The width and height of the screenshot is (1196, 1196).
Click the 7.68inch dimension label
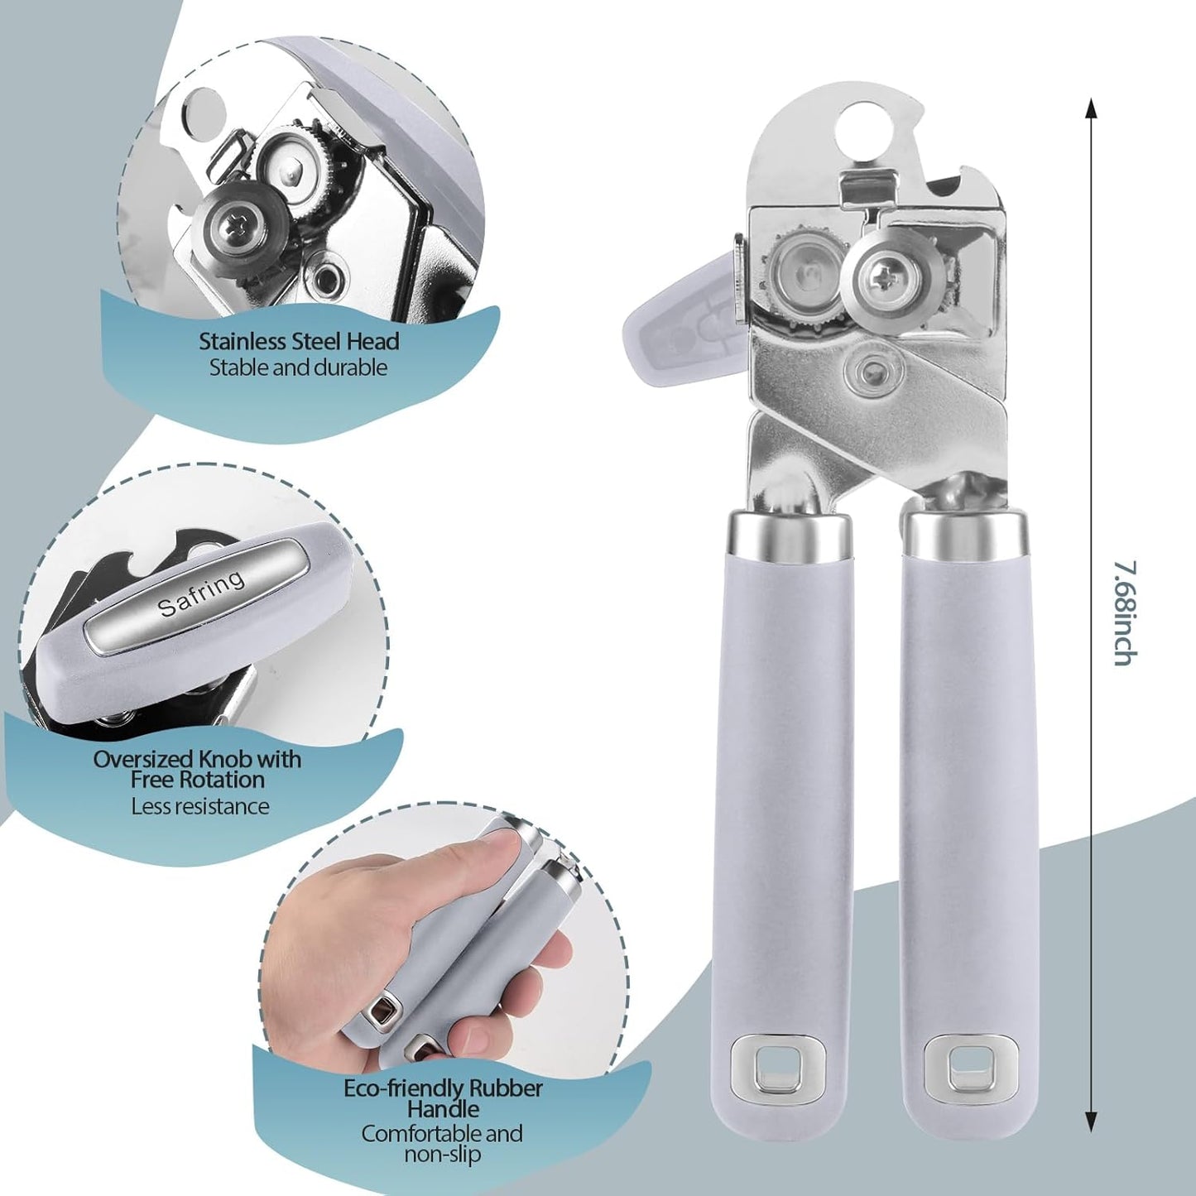point(1122,612)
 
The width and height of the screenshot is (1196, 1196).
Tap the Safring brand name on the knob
point(201,593)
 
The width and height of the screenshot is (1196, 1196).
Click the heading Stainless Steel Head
point(299,341)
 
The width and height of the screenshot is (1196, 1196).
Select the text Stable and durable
point(298,367)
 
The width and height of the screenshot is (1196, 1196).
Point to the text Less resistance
point(200,805)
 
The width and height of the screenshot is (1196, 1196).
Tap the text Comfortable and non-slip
point(442,1143)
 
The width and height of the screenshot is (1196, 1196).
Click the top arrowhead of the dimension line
point(1091,108)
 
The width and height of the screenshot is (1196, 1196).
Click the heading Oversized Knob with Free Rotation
point(197,769)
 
